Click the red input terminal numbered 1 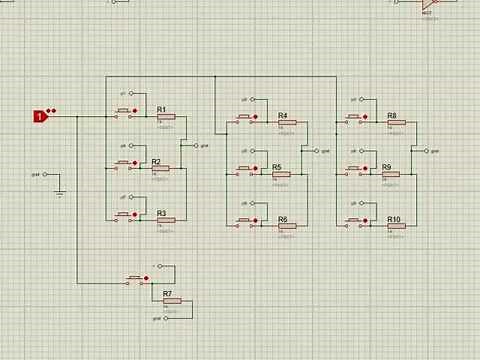tap(40, 116)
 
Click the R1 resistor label tap(161, 108)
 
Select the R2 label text tap(156, 161)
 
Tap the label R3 tap(161, 212)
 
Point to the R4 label tap(283, 115)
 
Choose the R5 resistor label tap(277, 166)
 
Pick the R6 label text tap(283, 218)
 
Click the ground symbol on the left tap(59, 190)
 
